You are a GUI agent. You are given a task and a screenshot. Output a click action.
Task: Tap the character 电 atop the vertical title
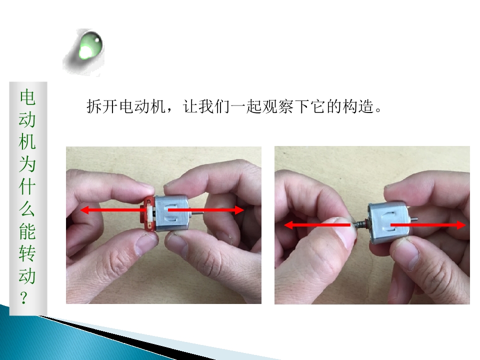click(27, 97)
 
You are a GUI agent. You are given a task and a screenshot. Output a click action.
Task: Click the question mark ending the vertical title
click(24, 297)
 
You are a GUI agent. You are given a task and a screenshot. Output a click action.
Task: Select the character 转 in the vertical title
click(27, 253)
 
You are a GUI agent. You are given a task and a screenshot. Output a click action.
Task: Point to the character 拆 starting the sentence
click(94, 106)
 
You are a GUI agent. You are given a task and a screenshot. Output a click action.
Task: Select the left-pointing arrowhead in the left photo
click(84, 210)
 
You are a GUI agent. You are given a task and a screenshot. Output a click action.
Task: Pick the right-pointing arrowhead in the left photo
click(239, 210)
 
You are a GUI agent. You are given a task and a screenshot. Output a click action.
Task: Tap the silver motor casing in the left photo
click(171, 213)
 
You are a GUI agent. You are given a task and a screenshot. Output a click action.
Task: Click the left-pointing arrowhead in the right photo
click(289, 225)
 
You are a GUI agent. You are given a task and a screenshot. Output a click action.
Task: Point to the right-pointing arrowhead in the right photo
click(461, 225)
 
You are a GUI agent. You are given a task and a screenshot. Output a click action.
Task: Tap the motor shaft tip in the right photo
click(415, 219)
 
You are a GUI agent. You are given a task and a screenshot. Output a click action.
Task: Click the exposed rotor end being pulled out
click(361, 225)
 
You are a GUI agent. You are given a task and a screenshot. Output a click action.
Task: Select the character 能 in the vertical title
click(27, 231)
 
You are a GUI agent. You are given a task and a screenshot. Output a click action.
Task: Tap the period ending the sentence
click(378, 110)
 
